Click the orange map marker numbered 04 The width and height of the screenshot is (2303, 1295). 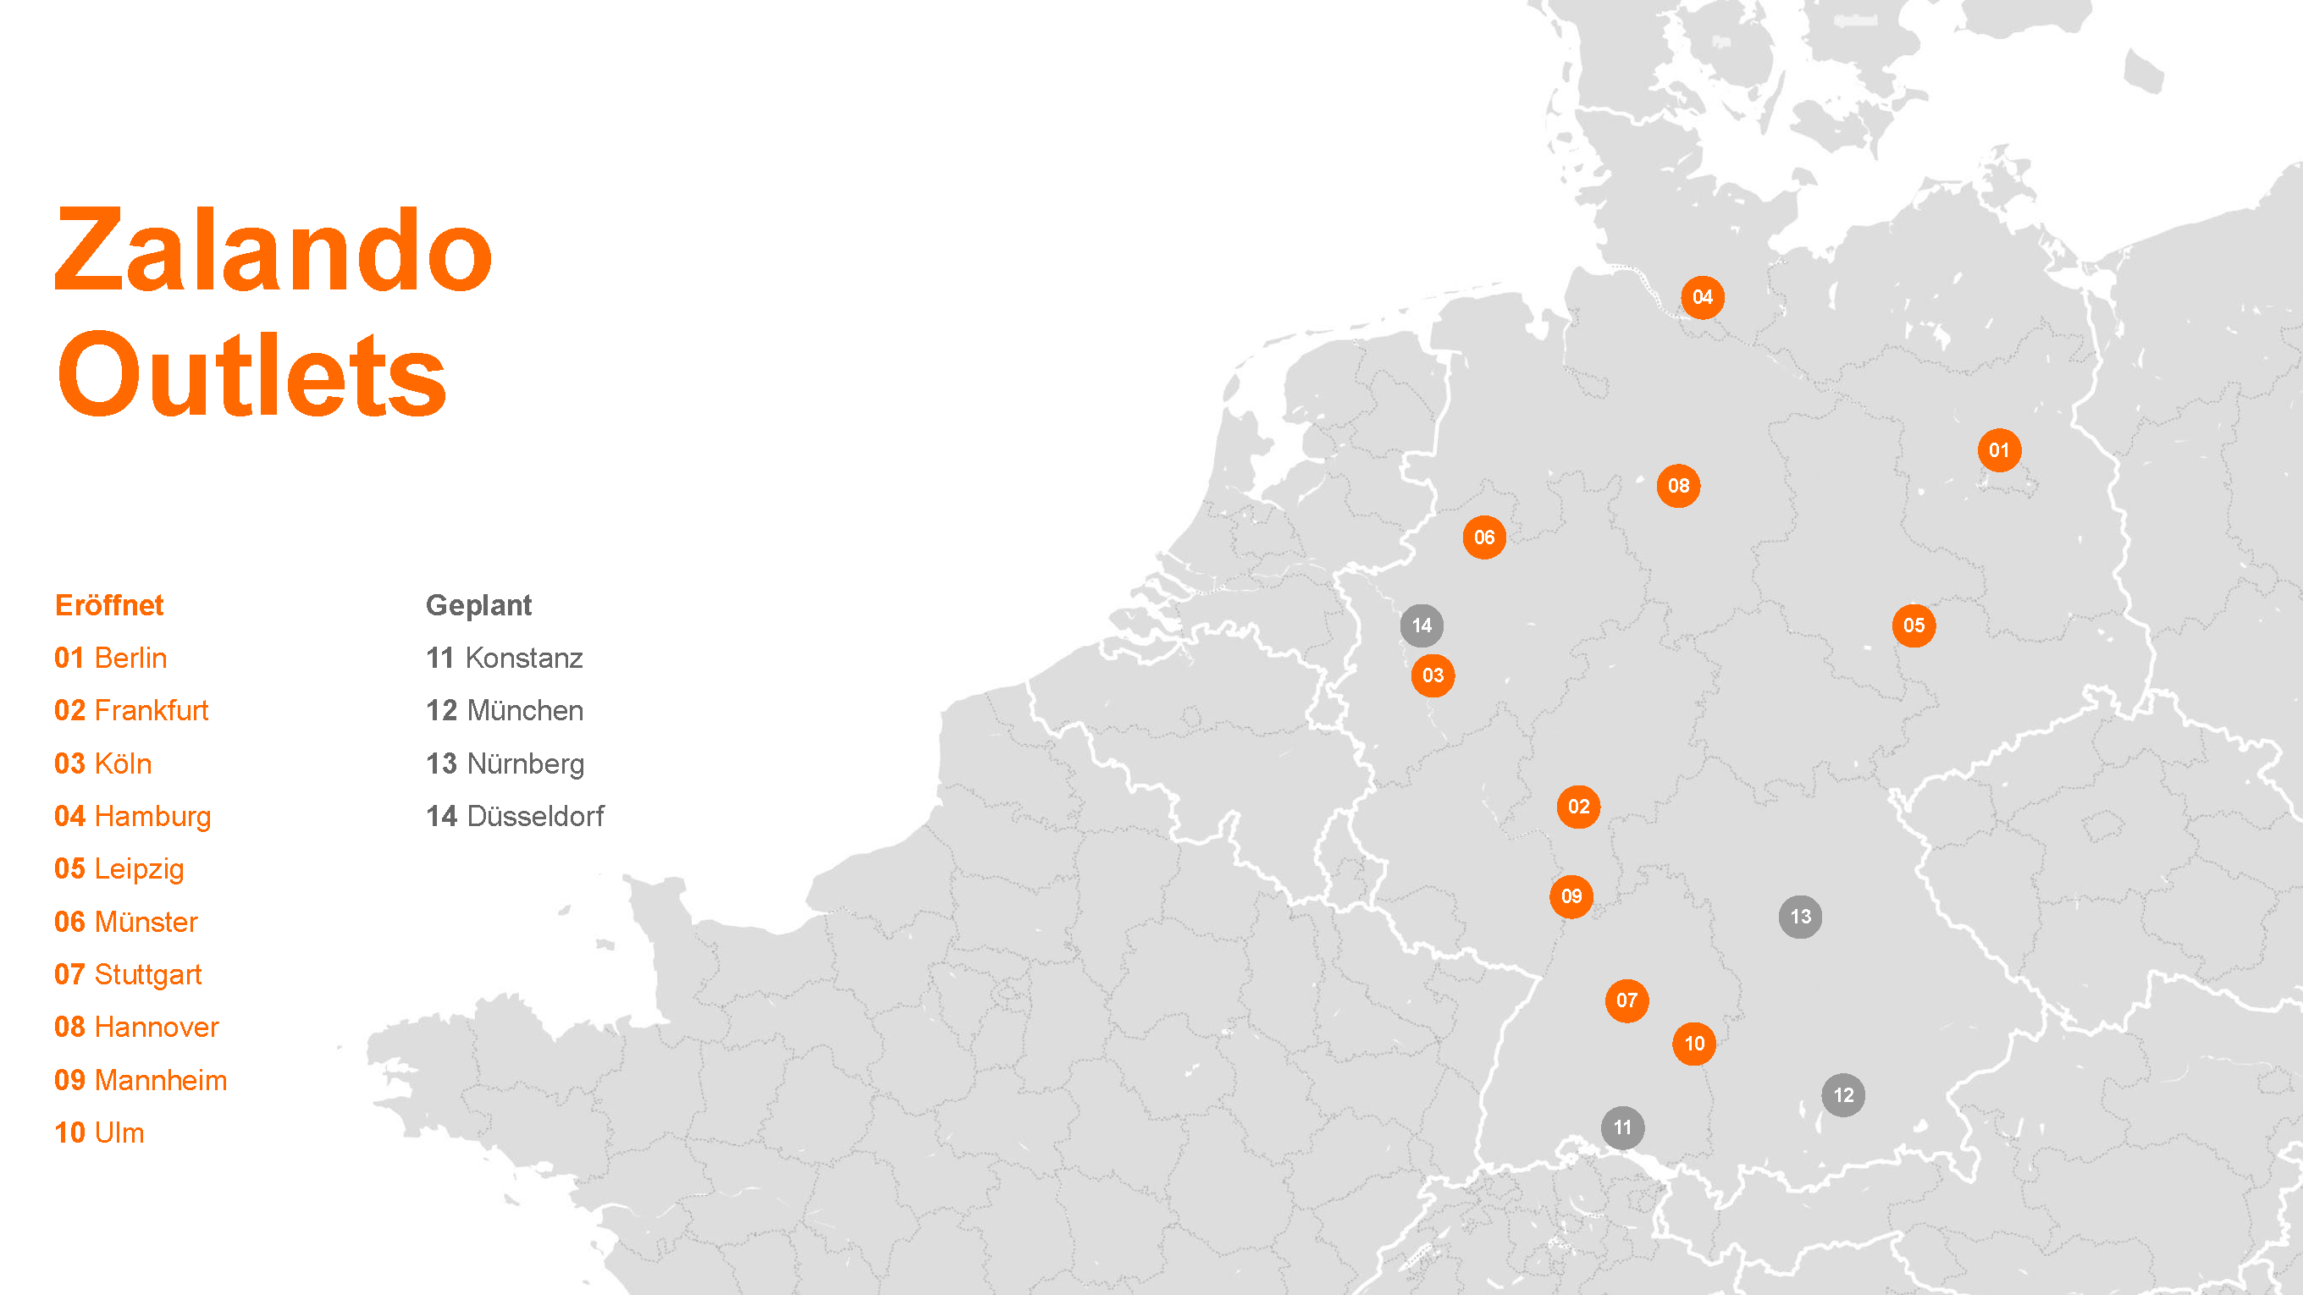point(1702,298)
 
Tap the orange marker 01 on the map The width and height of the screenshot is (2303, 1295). point(1999,450)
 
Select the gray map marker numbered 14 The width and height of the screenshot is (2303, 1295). point(1422,625)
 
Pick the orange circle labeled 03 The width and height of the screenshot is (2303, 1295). point(1433,675)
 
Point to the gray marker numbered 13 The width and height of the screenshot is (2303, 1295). point(1801,917)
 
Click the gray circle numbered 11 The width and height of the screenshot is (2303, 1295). point(1622,1128)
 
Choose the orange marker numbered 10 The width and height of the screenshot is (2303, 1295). point(1694,1044)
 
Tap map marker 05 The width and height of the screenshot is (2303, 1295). point(1914,625)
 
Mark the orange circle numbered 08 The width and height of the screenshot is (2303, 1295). point(1678,486)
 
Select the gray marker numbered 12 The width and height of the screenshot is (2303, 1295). point(1843,1096)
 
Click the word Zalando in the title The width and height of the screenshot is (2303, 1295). point(273,251)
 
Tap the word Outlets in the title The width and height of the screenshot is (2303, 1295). point(251,374)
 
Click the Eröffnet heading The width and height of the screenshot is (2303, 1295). point(109,605)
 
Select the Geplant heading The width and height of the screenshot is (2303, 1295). point(478,605)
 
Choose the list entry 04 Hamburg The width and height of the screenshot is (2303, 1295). point(132,816)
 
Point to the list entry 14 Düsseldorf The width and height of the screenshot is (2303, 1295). point(515,816)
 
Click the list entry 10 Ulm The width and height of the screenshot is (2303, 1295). point(99,1132)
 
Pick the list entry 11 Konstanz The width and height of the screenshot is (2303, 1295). point(505,658)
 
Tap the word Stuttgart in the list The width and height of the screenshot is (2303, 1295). point(147,974)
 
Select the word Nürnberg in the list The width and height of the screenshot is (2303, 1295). point(526,764)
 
